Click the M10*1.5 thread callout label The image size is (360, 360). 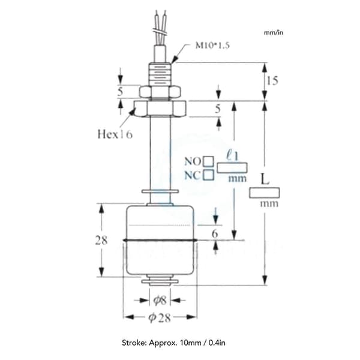[212, 45]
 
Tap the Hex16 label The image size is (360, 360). [115, 134]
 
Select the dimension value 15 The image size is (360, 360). [272, 80]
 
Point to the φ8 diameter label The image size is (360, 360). [160, 300]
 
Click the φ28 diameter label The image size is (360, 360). [160, 317]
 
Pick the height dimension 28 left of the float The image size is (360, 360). [101, 241]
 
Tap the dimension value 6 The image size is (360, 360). [215, 234]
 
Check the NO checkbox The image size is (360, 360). [209, 161]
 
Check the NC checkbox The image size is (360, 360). [209, 175]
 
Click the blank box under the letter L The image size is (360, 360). [265, 193]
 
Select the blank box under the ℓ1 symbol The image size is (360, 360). [232, 167]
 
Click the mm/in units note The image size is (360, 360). [274, 32]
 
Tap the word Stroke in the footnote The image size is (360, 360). [134, 343]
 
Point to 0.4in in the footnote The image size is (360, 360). [217, 343]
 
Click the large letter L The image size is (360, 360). [265, 179]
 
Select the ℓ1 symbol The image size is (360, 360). [232, 155]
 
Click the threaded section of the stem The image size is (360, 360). [160, 74]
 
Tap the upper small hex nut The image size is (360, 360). [160, 91]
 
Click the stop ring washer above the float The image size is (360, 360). [160, 191]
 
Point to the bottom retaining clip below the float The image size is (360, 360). [160, 281]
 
